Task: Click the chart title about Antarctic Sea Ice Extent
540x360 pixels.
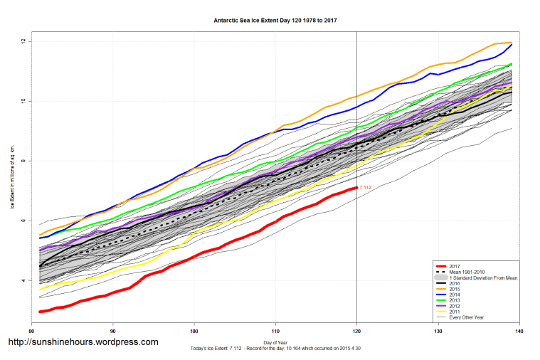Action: pos(275,20)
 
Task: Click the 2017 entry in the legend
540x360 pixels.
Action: pos(455,266)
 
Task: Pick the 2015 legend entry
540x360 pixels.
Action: pos(455,289)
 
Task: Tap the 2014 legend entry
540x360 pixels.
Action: pos(455,295)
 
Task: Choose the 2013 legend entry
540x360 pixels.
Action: pos(455,300)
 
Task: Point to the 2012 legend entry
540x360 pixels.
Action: pos(455,306)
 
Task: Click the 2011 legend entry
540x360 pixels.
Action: pos(455,312)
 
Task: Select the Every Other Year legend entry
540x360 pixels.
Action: pos(466,317)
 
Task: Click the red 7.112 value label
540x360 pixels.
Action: pos(366,188)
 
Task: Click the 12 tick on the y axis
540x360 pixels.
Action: pos(23,41)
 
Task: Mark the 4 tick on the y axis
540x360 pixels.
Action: pos(23,280)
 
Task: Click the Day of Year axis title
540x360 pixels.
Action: pos(275,342)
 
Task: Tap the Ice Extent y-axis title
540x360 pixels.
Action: pos(12,177)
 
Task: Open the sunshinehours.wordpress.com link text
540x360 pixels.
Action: pos(83,342)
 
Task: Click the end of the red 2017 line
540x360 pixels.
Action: pos(356,188)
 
